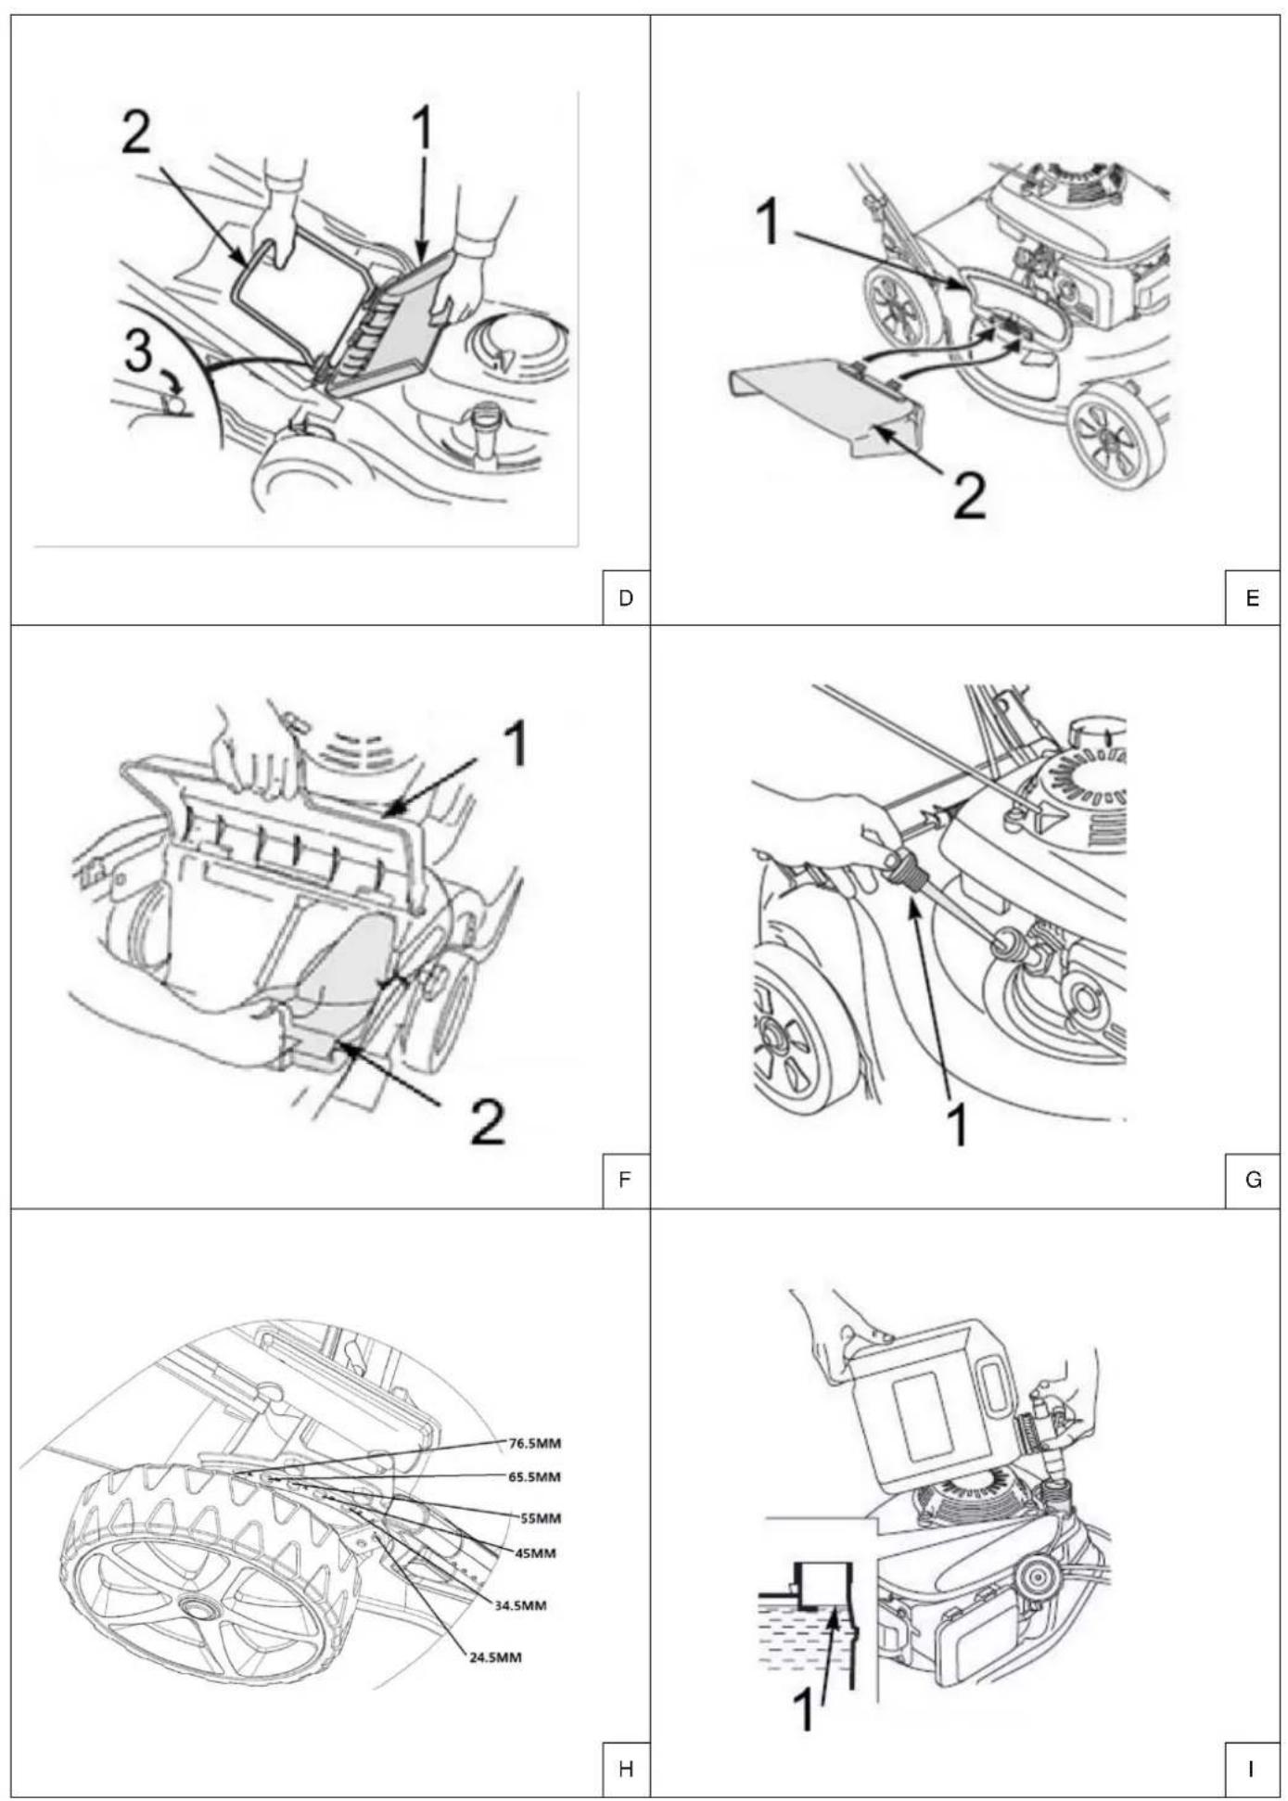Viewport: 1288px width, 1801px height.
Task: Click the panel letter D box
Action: (626, 598)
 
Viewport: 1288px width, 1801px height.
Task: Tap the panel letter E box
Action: (1253, 598)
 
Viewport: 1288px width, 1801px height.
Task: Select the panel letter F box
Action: (626, 1180)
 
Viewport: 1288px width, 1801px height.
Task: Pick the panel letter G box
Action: (1253, 1180)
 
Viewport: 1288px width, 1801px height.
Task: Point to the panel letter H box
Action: (626, 1769)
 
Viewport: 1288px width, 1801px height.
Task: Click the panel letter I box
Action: (1253, 1769)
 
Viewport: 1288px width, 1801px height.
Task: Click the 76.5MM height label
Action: (535, 1443)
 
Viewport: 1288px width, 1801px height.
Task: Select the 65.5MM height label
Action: (535, 1476)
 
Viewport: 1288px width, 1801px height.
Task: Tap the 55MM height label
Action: (540, 1518)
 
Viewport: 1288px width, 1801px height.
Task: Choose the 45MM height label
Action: (535, 1552)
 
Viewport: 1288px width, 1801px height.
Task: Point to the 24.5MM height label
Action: (495, 1656)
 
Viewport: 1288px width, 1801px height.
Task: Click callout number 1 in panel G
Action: (958, 1125)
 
